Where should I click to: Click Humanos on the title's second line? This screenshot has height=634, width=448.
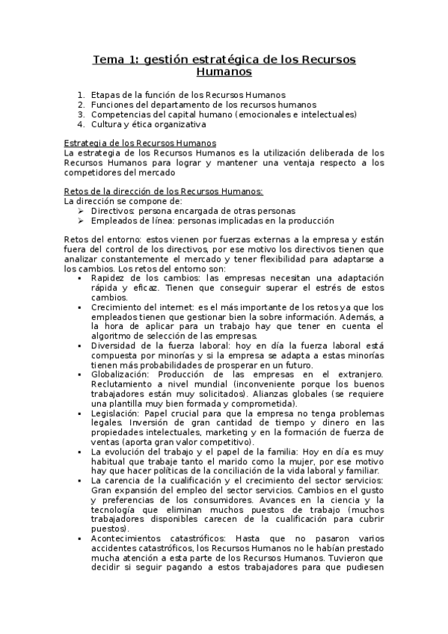coord(224,73)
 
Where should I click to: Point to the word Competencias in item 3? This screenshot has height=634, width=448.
coord(121,114)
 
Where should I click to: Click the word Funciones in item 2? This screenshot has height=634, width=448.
coord(112,105)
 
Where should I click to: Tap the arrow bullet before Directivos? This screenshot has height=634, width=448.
coord(81,211)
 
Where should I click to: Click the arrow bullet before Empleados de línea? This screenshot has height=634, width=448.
coord(81,221)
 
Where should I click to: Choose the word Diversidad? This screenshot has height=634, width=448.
coord(114,346)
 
